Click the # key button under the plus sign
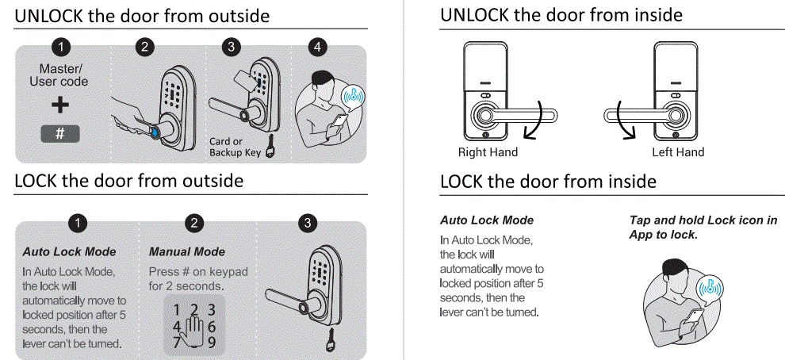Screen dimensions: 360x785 pyautogui.click(x=60, y=133)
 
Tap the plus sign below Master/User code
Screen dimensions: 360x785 pyautogui.click(x=60, y=105)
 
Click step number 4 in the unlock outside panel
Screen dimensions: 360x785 pyautogui.click(x=318, y=47)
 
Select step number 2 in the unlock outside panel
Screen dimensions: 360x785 pyautogui.click(x=144, y=47)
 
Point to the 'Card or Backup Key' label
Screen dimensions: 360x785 pyautogui.click(x=235, y=147)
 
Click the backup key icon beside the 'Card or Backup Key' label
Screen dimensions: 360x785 pyautogui.click(x=271, y=149)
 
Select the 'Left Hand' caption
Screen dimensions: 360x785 pyautogui.click(x=678, y=152)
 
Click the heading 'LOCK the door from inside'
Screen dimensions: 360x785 pyautogui.click(x=548, y=182)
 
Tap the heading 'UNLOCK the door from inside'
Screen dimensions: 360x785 pyautogui.click(x=561, y=15)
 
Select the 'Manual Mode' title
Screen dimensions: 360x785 pyautogui.click(x=187, y=251)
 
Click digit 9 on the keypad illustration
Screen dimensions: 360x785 pyautogui.click(x=212, y=343)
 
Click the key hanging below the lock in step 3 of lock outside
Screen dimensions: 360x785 pyautogui.click(x=328, y=342)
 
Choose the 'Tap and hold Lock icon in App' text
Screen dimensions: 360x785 pyautogui.click(x=703, y=228)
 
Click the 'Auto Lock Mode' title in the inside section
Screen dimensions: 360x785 pyautogui.click(x=487, y=220)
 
